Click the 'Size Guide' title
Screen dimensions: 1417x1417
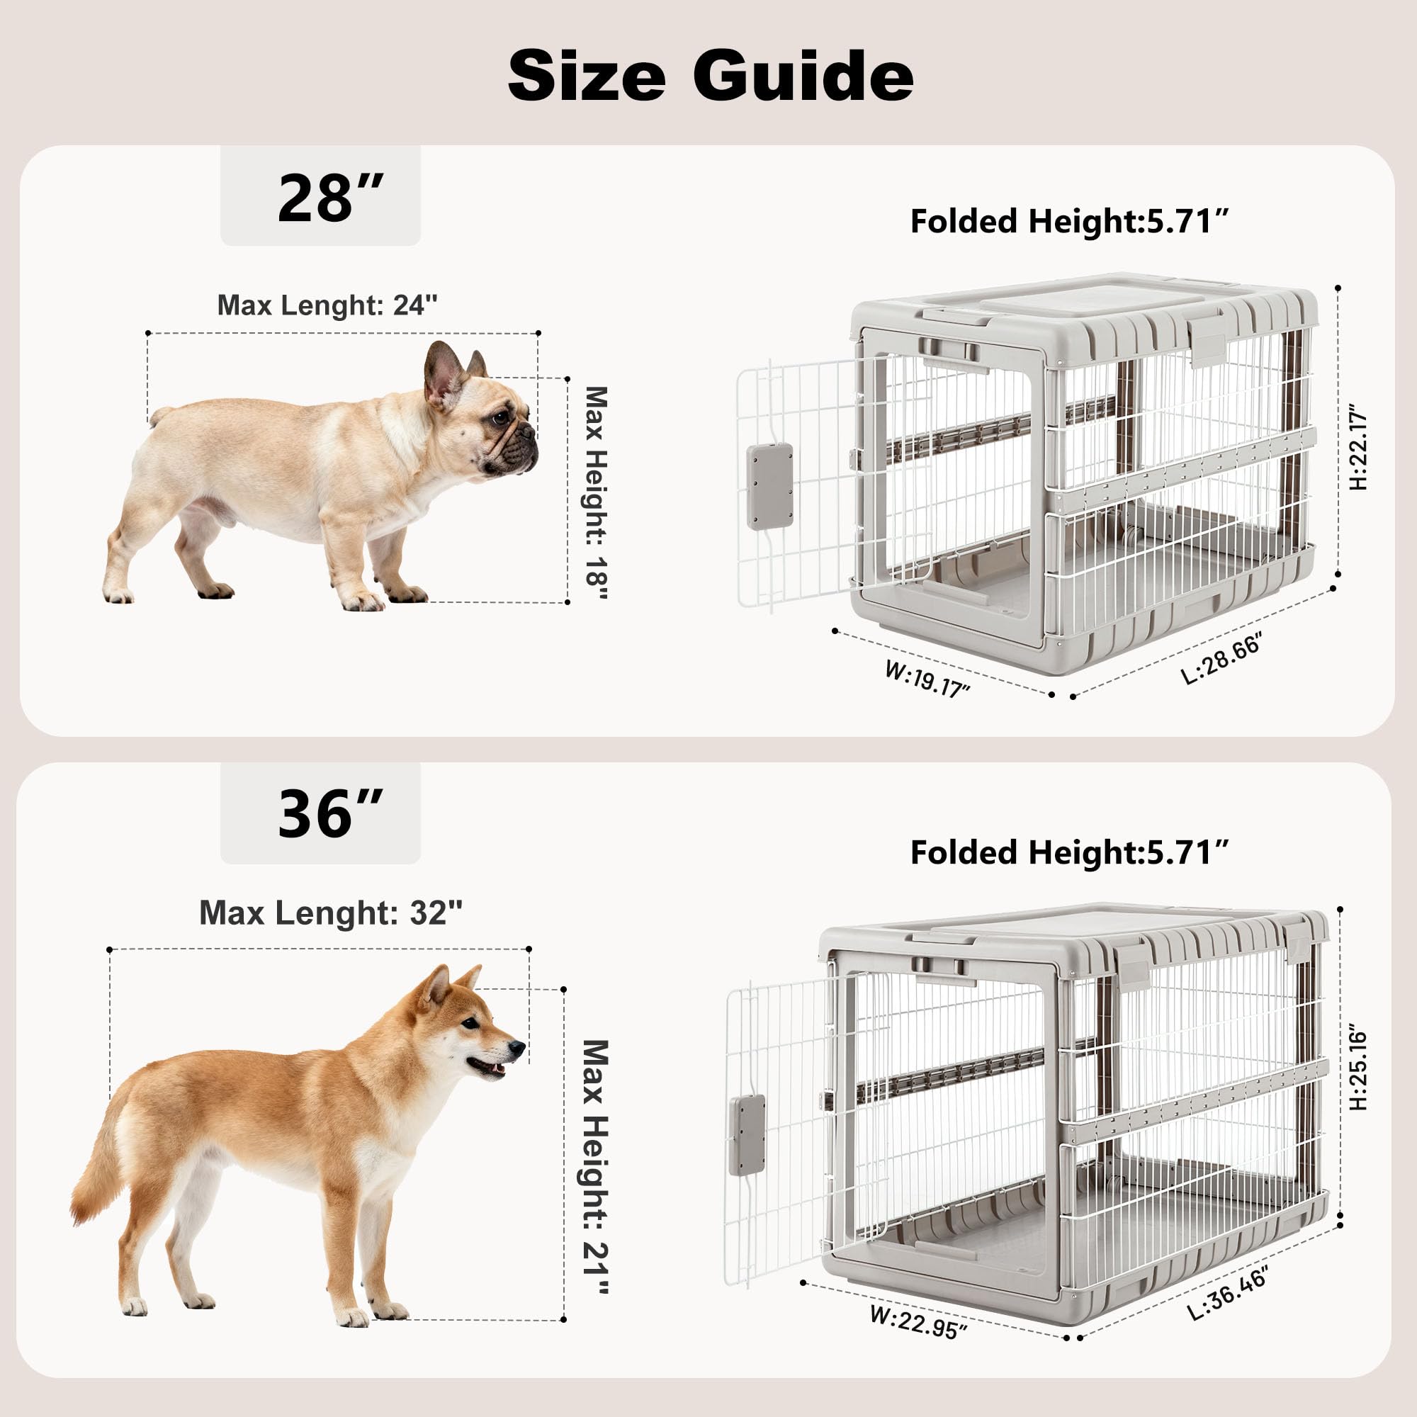[x=710, y=76]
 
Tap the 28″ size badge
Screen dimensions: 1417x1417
[x=320, y=196]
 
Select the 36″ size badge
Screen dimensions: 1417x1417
[x=320, y=813]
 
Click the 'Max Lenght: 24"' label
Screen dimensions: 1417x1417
[x=327, y=305]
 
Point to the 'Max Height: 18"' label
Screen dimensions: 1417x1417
[x=596, y=493]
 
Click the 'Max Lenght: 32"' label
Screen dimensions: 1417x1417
[x=331, y=913]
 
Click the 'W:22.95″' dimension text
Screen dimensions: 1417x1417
[x=918, y=1321]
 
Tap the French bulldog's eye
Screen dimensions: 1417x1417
[x=502, y=418]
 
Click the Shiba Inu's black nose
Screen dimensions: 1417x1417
[x=519, y=1049]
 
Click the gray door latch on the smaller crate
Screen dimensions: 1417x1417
[x=769, y=486]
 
